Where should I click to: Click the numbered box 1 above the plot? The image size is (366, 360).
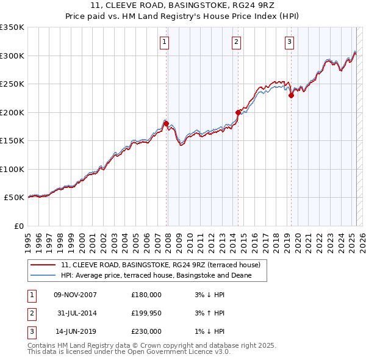[165, 42]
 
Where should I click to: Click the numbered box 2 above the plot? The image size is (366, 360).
[236, 42]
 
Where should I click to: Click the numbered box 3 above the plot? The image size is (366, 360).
[289, 42]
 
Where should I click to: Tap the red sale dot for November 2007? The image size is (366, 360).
[166, 124]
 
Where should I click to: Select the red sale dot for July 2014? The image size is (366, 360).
[238, 112]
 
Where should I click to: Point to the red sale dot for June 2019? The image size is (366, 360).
[291, 95]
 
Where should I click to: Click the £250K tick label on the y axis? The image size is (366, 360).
[12, 84]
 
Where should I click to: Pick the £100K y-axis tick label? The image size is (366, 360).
[12, 169]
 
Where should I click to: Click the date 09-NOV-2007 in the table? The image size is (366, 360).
[76, 295]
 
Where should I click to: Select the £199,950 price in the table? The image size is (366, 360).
[146, 314]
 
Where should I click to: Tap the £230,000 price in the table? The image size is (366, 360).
[146, 332]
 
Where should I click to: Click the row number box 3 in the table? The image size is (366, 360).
[30, 332]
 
